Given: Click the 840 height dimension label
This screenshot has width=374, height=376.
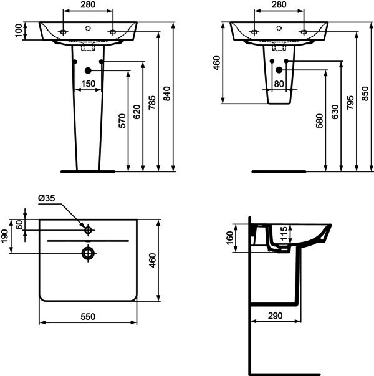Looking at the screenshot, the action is [x=166, y=94].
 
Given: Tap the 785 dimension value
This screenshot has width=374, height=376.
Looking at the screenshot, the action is [x=151, y=103].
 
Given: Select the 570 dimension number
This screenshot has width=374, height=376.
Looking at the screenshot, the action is [x=122, y=121].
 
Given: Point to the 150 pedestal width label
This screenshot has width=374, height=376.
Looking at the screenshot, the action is [x=89, y=84].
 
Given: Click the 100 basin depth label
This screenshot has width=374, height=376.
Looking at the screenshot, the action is [x=19, y=31].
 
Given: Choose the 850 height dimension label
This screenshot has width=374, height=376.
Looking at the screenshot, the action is [x=365, y=94].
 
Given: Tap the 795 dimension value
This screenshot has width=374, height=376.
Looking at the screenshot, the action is [x=350, y=103].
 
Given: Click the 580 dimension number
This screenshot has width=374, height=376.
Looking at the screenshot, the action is [x=320, y=121].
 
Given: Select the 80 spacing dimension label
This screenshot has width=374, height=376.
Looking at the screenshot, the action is [x=279, y=84].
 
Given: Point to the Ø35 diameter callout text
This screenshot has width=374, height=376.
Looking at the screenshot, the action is [x=47, y=198].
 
